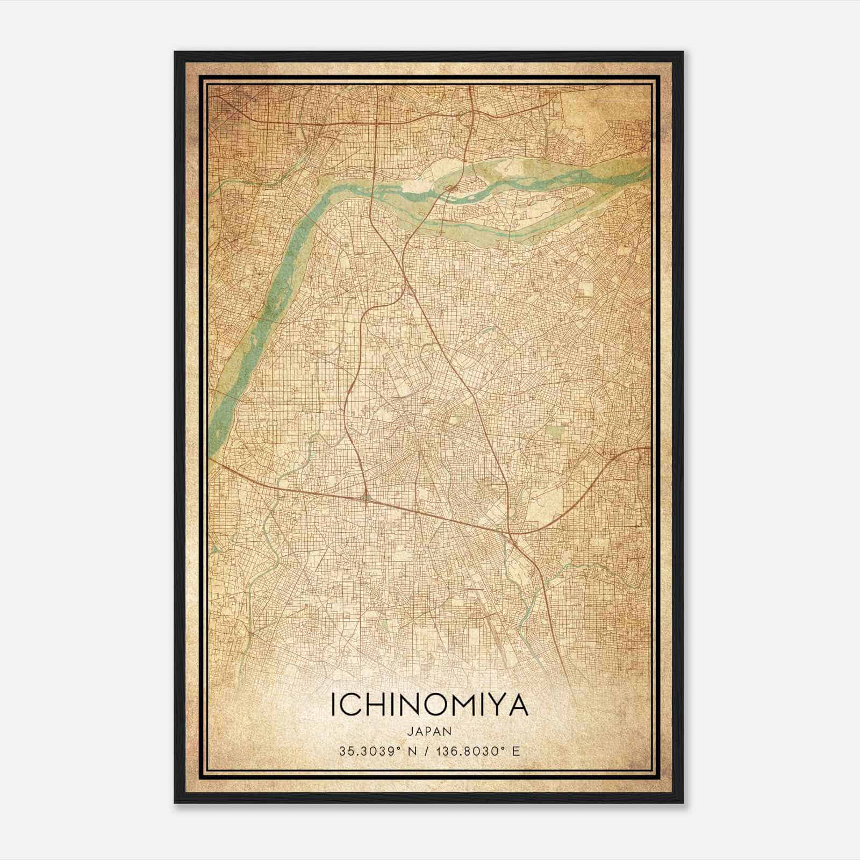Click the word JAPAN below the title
point(429,731)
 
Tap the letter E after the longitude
point(517,751)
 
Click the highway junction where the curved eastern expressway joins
point(510,534)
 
